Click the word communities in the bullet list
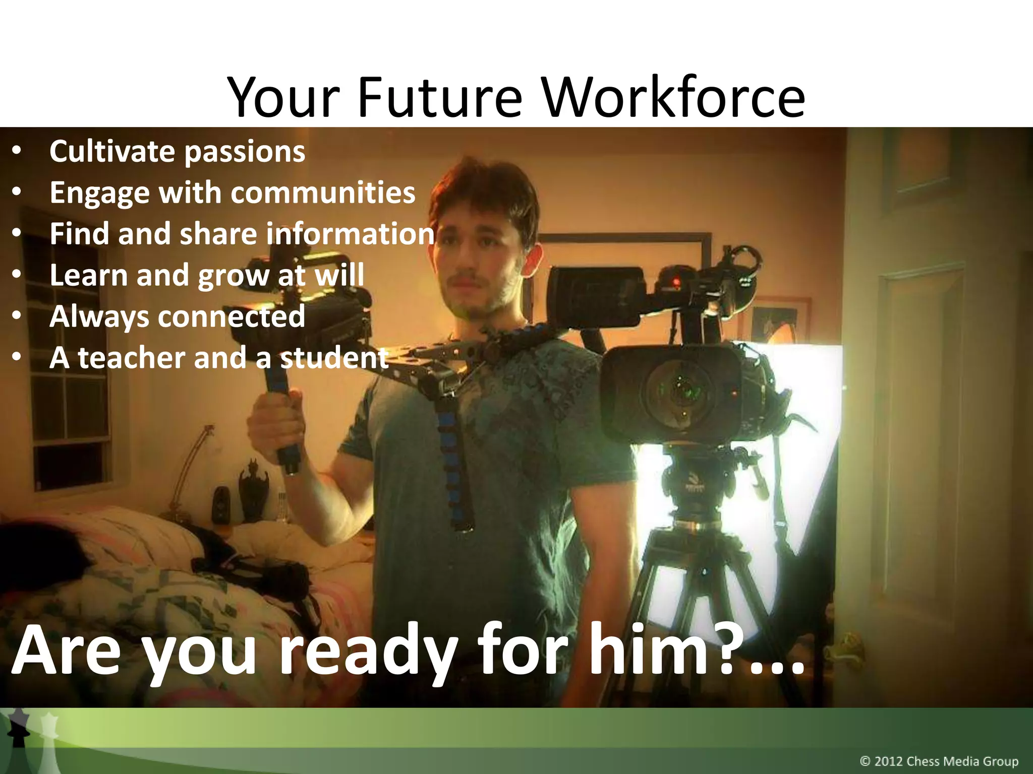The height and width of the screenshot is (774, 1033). [323, 192]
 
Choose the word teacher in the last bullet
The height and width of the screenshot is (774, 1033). [131, 358]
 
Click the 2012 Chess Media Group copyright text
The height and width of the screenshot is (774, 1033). [939, 761]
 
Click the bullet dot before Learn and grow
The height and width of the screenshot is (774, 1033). [17, 275]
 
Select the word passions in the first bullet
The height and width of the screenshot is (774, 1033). [244, 152]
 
